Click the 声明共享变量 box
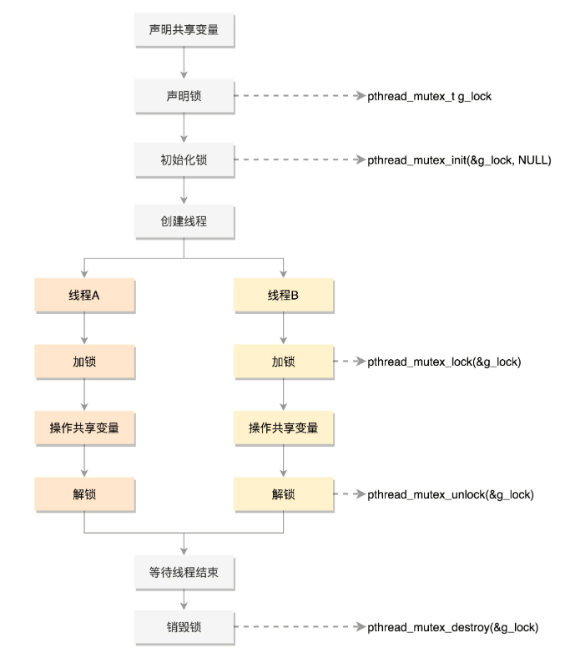tap(184, 32)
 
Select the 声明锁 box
tap(184, 96)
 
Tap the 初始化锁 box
tap(184, 159)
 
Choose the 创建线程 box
tap(184, 222)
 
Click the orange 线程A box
tap(84, 296)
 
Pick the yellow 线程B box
tap(284, 296)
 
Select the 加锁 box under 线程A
tap(84, 362)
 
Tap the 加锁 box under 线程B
tap(284, 362)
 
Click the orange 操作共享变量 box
tap(84, 428)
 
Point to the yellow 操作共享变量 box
tap(284, 428)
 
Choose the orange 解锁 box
tap(84, 494)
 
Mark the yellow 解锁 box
tap(284, 494)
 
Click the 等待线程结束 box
tap(184, 574)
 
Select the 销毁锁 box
tap(184, 626)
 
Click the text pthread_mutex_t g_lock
tap(429, 97)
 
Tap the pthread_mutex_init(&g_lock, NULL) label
tap(459, 159)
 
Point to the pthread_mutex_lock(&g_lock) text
tap(445, 363)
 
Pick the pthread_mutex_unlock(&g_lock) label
tap(451, 495)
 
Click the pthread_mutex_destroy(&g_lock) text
tap(452, 627)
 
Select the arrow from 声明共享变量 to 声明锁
tap(184, 63)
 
